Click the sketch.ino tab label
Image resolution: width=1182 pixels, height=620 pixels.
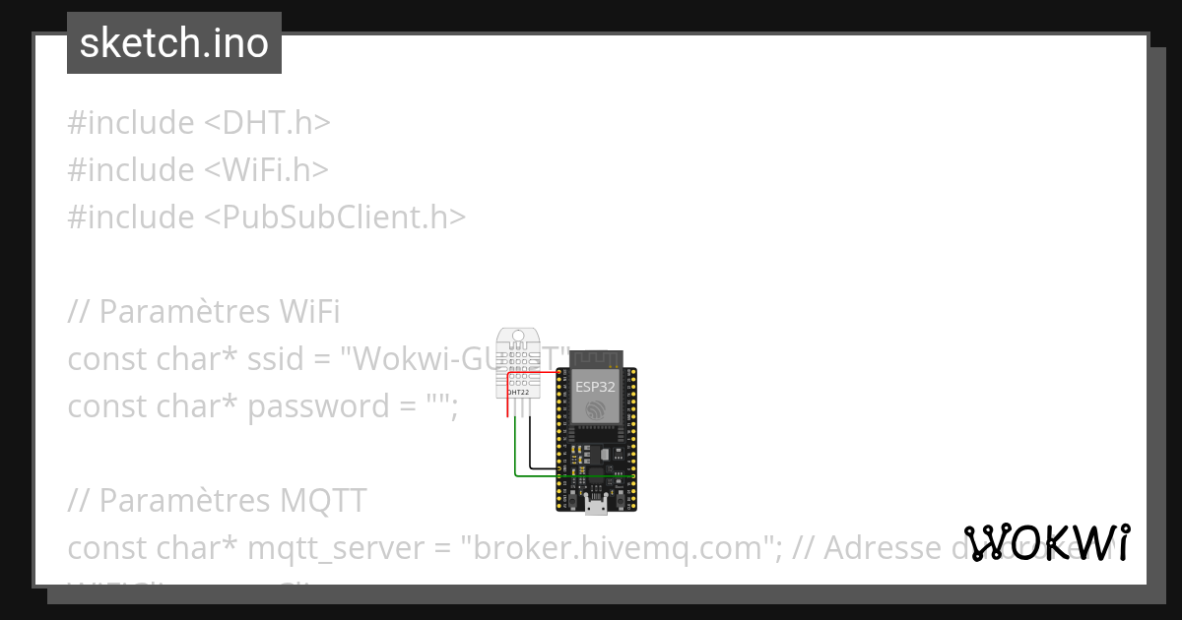(x=173, y=43)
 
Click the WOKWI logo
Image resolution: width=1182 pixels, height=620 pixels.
(x=1047, y=542)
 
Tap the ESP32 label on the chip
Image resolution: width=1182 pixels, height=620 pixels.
(x=596, y=387)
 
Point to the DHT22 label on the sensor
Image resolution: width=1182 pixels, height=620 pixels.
(x=517, y=393)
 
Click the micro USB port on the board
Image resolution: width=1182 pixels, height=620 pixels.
(x=595, y=507)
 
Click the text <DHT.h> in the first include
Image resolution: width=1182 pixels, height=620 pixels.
(x=267, y=123)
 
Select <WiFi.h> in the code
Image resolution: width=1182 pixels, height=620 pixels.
(x=266, y=170)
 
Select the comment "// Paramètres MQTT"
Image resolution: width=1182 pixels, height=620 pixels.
(x=217, y=501)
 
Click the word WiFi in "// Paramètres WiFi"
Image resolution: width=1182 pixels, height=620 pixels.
(x=306, y=312)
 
